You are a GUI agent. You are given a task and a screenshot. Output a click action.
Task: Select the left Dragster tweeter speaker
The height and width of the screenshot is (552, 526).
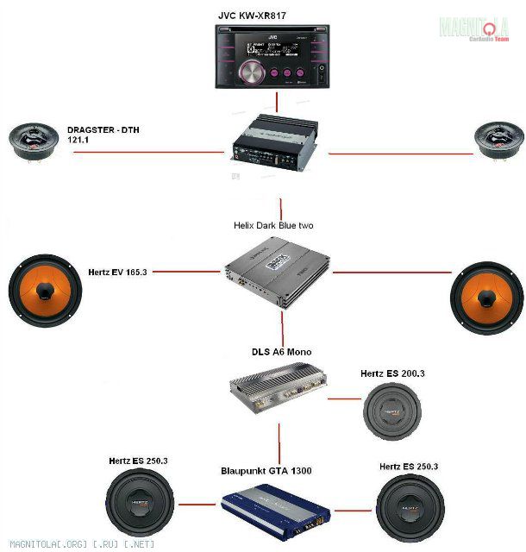point(31,141)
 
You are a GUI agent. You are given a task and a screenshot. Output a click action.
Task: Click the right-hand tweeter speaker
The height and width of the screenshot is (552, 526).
point(499,140)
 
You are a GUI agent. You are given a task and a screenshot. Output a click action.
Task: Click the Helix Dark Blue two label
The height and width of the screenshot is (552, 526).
point(273,225)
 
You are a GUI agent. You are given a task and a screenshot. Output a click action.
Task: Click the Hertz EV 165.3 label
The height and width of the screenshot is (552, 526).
point(117,272)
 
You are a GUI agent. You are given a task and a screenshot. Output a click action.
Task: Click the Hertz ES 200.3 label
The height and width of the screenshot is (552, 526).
point(393,373)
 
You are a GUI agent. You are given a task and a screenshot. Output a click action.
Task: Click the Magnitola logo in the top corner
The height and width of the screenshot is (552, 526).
point(474,28)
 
